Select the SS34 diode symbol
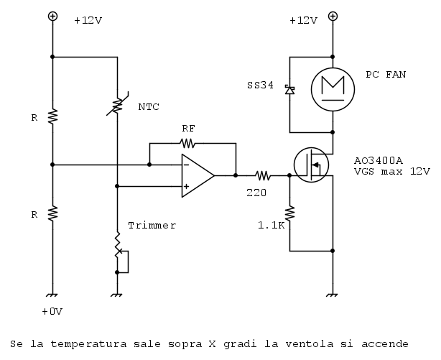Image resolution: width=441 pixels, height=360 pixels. click(289, 90)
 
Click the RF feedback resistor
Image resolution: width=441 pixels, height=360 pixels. click(187, 143)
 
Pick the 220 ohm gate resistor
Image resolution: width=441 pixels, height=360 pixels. click(262, 175)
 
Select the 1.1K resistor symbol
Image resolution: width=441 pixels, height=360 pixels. click(289, 213)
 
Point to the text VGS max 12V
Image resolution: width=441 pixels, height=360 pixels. click(391, 172)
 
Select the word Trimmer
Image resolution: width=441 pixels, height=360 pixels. click(152, 225)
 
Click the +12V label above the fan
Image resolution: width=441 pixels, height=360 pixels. click(303, 21)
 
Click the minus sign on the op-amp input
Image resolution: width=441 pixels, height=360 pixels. click(186, 165)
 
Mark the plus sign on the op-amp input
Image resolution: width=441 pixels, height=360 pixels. click(186, 186)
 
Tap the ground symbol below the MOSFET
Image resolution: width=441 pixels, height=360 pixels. click(333, 295)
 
